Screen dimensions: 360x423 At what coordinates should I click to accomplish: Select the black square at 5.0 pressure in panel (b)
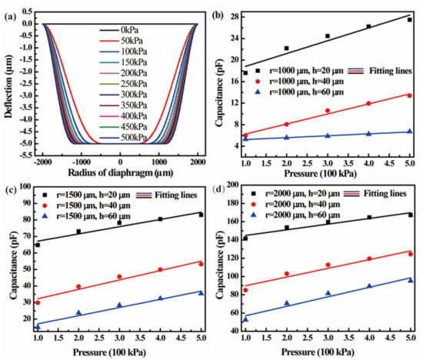pos(408,19)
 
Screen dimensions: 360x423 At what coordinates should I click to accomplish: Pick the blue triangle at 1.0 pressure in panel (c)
pos(38,326)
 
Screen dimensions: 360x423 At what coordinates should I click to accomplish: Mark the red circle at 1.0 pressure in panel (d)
pos(245,290)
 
